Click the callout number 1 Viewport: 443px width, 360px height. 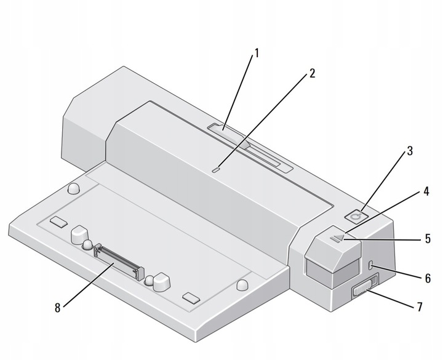(x=257, y=53)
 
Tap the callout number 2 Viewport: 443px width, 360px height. (x=312, y=73)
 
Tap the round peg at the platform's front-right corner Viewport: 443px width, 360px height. (x=242, y=284)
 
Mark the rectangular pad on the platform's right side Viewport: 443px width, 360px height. (x=191, y=298)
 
